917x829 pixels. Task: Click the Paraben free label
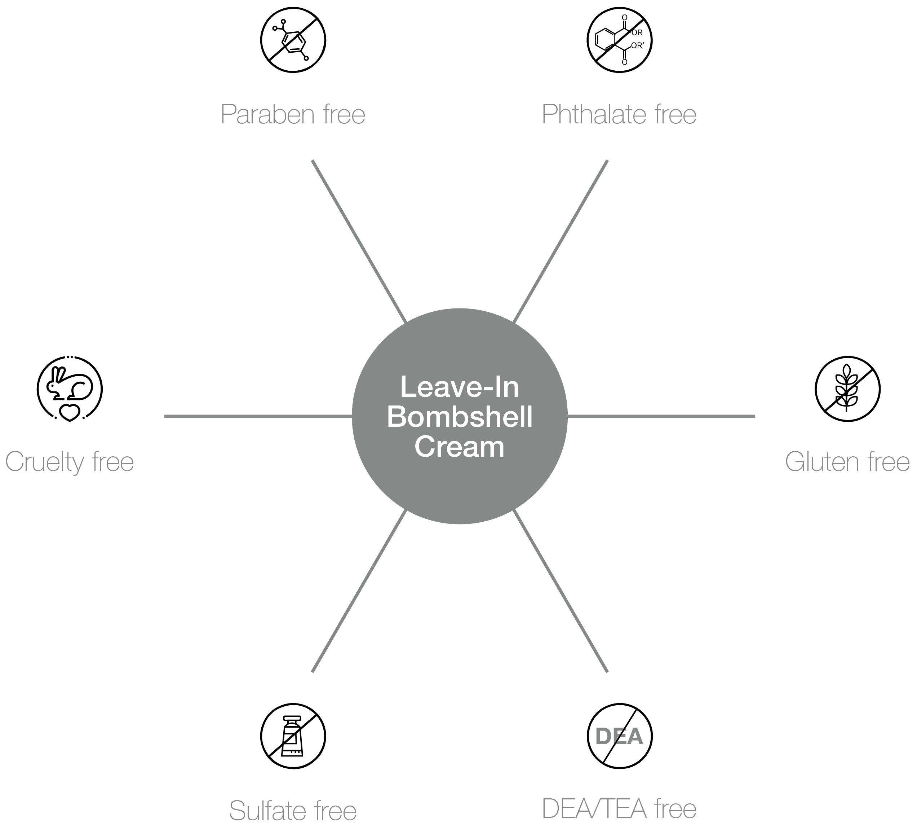click(x=293, y=114)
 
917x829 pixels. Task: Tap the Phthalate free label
click(x=619, y=114)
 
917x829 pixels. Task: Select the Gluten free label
click(x=847, y=462)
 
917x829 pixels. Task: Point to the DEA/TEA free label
click(x=619, y=809)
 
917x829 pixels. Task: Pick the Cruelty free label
click(x=70, y=462)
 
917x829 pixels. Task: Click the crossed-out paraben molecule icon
click(x=293, y=40)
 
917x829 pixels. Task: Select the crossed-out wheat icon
click(x=847, y=389)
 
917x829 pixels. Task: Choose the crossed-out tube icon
click(x=293, y=736)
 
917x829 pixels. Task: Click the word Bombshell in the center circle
click(x=460, y=417)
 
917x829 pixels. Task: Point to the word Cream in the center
click(x=460, y=447)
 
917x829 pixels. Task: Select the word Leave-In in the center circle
click(x=460, y=387)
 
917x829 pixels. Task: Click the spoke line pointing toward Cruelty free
click(x=258, y=416)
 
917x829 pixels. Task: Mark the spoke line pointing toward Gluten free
click(x=661, y=416)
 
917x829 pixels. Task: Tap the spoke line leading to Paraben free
click(x=359, y=241)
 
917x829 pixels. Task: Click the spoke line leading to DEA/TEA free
click(x=561, y=591)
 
